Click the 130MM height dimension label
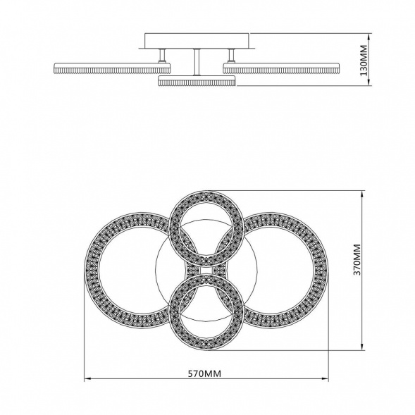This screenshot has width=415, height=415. coord(364,61)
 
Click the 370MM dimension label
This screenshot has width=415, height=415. coord(357,260)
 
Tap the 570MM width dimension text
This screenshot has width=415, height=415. coord(204,373)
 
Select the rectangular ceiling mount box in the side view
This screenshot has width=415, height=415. coord(197,41)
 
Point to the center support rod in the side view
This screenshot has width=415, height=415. coord(197,62)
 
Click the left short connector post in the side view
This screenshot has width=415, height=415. coord(162,56)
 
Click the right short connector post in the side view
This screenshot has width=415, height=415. coord(231,56)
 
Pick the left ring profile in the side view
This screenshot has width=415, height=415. coord(112,68)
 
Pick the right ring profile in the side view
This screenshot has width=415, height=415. coord(281,68)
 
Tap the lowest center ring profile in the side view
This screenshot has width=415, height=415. coord(197,81)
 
